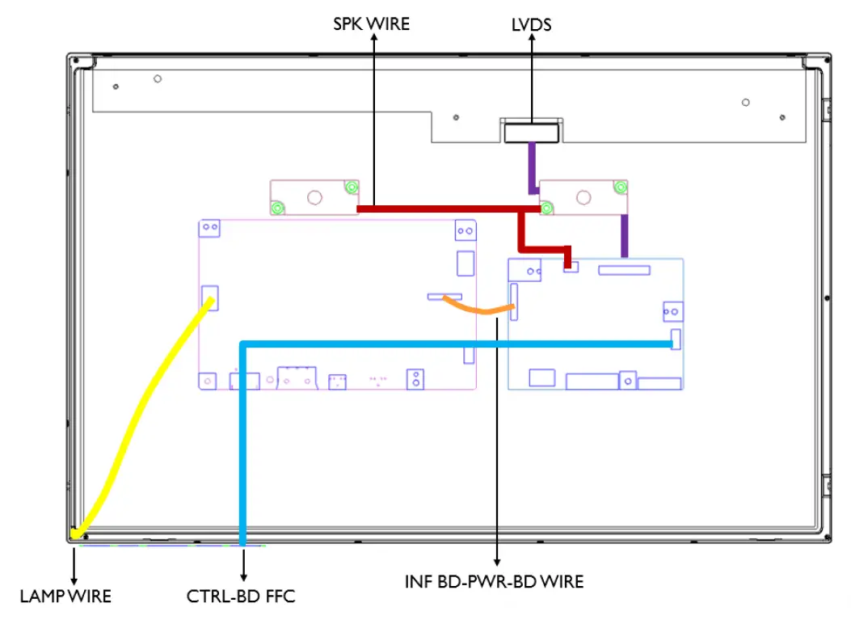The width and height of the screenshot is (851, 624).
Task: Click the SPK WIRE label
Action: pyautogui.click(x=371, y=24)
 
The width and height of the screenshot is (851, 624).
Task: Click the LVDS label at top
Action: pyautogui.click(x=531, y=25)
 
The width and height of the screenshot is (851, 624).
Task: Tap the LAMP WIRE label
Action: pyautogui.click(x=65, y=597)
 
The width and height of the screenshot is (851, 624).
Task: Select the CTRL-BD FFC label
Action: pyautogui.click(x=241, y=597)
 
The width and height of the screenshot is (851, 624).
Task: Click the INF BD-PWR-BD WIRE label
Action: pyautogui.click(x=494, y=581)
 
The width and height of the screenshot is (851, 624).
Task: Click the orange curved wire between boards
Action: pyautogui.click(x=477, y=309)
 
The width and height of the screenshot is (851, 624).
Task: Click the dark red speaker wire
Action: pyautogui.click(x=444, y=209)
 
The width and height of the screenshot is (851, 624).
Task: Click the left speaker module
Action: pyautogui.click(x=314, y=196)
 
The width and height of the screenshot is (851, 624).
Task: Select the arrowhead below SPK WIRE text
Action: pyautogui.click(x=373, y=40)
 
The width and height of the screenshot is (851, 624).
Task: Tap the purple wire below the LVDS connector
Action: pyautogui.click(x=533, y=166)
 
